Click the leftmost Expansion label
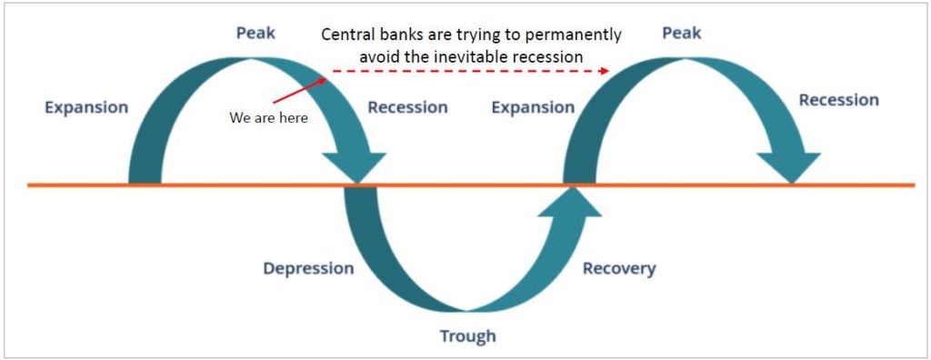pyautogui.click(x=86, y=107)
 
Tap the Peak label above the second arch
pyautogui.click(x=683, y=33)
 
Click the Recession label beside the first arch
pyautogui.click(x=407, y=107)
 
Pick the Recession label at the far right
pyautogui.click(x=838, y=100)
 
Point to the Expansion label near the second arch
pyautogui.click(x=533, y=107)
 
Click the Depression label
pyautogui.click(x=308, y=268)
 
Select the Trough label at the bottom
pyautogui.click(x=468, y=336)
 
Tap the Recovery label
pyautogui.click(x=618, y=268)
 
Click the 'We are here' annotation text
pyautogui.click(x=269, y=118)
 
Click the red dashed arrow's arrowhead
pyautogui.click(x=604, y=69)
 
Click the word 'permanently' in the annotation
pyautogui.click(x=576, y=35)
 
